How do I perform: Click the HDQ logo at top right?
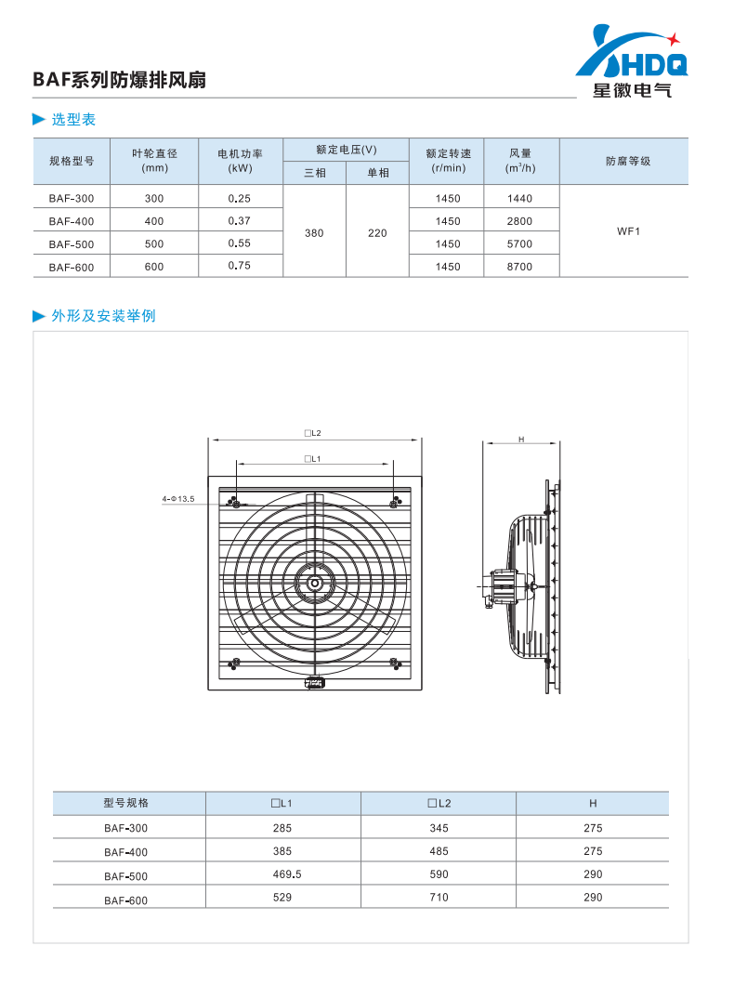tap(632, 61)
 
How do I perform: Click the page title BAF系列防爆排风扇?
tap(119, 80)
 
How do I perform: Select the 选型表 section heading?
tap(73, 119)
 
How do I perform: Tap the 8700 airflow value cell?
tap(520, 267)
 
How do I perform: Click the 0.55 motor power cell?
tap(239, 243)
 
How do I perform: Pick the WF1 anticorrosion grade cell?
tap(628, 231)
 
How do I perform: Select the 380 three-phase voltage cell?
tap(314, 233)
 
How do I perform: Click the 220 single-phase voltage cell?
tap(377, 233)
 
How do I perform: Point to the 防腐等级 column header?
tap(628, 161)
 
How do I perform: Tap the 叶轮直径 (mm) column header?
tap(154, 160)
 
